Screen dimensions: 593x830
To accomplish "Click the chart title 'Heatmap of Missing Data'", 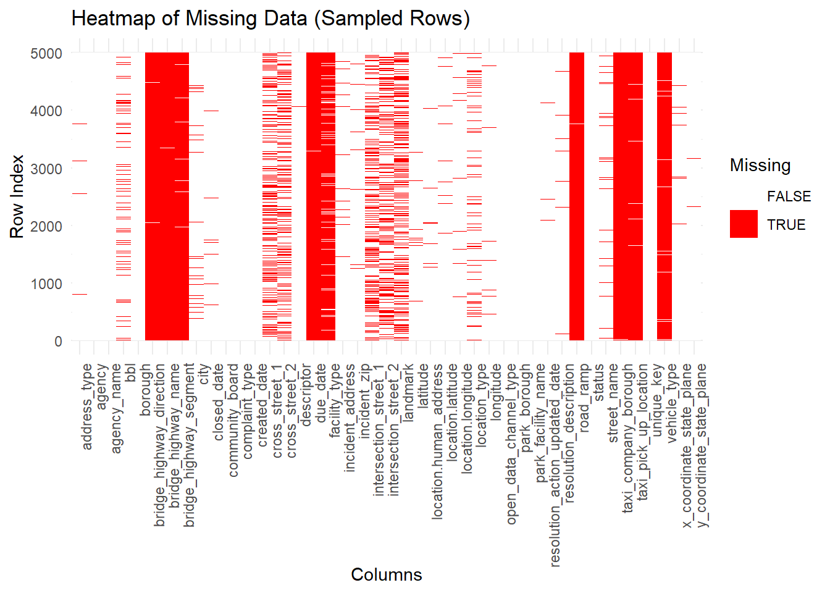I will coord(270,19).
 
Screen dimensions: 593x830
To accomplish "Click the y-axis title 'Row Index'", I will coord(17,196).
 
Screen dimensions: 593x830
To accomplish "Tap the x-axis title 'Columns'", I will coord(387,574).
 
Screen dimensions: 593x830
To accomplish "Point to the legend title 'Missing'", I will coord(760,166).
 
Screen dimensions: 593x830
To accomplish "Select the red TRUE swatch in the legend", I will coord(744,224).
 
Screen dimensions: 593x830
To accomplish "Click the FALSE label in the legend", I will coord(789,196).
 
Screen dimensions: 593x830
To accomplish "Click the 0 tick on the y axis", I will coord(58,341).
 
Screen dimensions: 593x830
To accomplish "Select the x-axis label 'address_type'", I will coord(87,406).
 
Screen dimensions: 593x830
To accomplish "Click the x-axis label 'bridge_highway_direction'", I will coord(160,445).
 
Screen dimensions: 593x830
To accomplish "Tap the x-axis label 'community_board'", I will coord(233,420).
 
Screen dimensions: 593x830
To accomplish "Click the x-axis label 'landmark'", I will coord(408,393).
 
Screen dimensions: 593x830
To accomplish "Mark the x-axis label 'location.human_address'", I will coord(437,441).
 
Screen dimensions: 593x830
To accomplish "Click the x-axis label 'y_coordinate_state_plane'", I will coord(703,445).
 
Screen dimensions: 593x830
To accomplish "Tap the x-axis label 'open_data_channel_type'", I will coord(511,444).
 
